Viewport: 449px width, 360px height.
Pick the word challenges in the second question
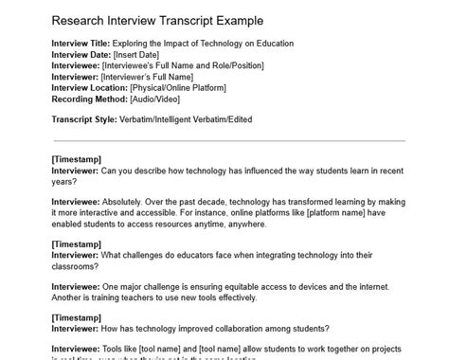click(150, 255)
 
